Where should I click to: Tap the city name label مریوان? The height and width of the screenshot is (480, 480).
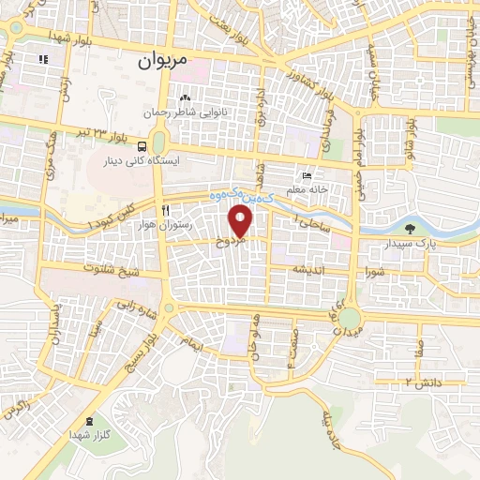(x=162, y=62)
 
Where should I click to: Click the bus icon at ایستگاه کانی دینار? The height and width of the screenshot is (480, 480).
(x=142, y=146)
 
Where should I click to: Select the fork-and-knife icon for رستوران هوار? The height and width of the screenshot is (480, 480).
(x=165, y=210)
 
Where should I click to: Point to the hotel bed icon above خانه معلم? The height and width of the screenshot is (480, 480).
(x=307, y=175)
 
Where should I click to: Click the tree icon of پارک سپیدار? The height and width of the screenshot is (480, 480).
(x=409, y=228)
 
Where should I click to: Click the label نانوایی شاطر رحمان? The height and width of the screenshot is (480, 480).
(x=188, y=112)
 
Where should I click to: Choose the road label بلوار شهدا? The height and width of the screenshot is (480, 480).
(x=55, y=36)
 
